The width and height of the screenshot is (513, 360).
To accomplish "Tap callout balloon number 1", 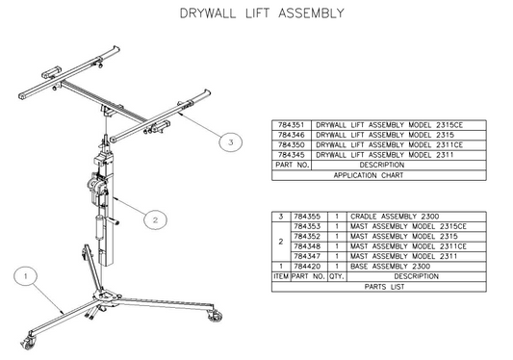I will pos(28,276).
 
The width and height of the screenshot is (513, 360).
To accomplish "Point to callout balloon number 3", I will pos(228,142).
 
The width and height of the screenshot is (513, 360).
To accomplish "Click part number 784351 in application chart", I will pos(291,125).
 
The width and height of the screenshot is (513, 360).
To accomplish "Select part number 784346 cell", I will pos(291,135).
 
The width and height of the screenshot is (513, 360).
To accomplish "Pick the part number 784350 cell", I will pos(291,144).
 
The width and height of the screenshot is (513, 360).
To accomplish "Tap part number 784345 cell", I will pos(291,155).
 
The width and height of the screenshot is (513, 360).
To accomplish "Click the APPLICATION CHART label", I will pos(381,175).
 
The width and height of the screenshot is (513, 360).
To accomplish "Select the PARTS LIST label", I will pos(381,287).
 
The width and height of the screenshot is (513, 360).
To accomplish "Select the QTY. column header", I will pos(337,276).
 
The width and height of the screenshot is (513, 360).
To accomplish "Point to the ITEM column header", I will pos(280,276).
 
